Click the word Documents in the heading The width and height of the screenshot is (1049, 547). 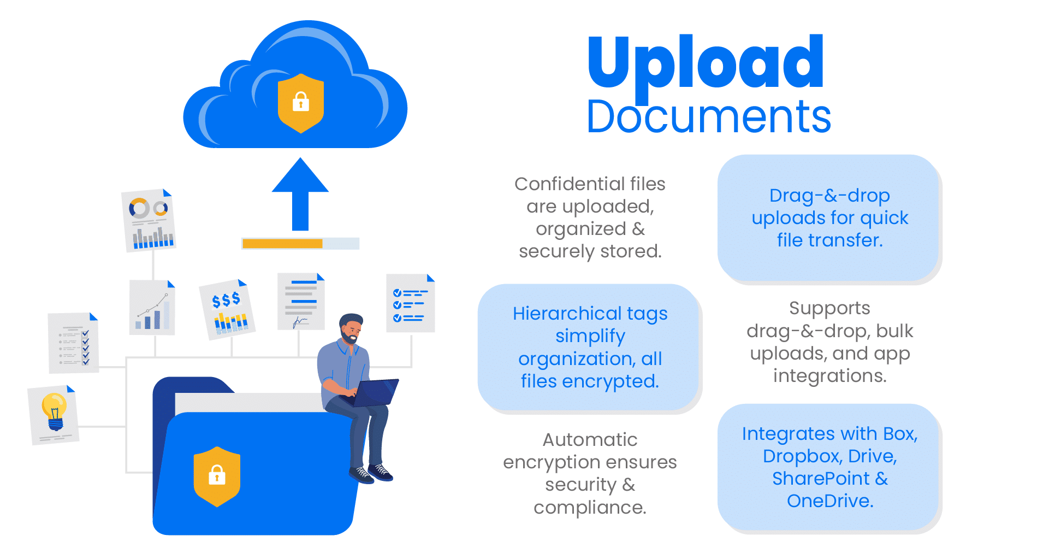708,117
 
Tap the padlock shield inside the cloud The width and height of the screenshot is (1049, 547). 301,103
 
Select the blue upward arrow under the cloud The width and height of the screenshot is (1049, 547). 300,194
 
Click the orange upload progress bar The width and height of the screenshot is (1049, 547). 282,244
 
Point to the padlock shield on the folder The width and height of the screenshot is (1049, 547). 217,476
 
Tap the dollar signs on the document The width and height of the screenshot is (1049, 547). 226,299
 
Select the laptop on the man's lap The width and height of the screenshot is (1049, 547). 375,392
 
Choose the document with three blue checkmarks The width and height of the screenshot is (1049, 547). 410,304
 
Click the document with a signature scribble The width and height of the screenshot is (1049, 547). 301,302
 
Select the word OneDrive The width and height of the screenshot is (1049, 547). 830,501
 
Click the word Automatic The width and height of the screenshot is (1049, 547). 590,440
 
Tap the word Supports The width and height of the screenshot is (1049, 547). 829,308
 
